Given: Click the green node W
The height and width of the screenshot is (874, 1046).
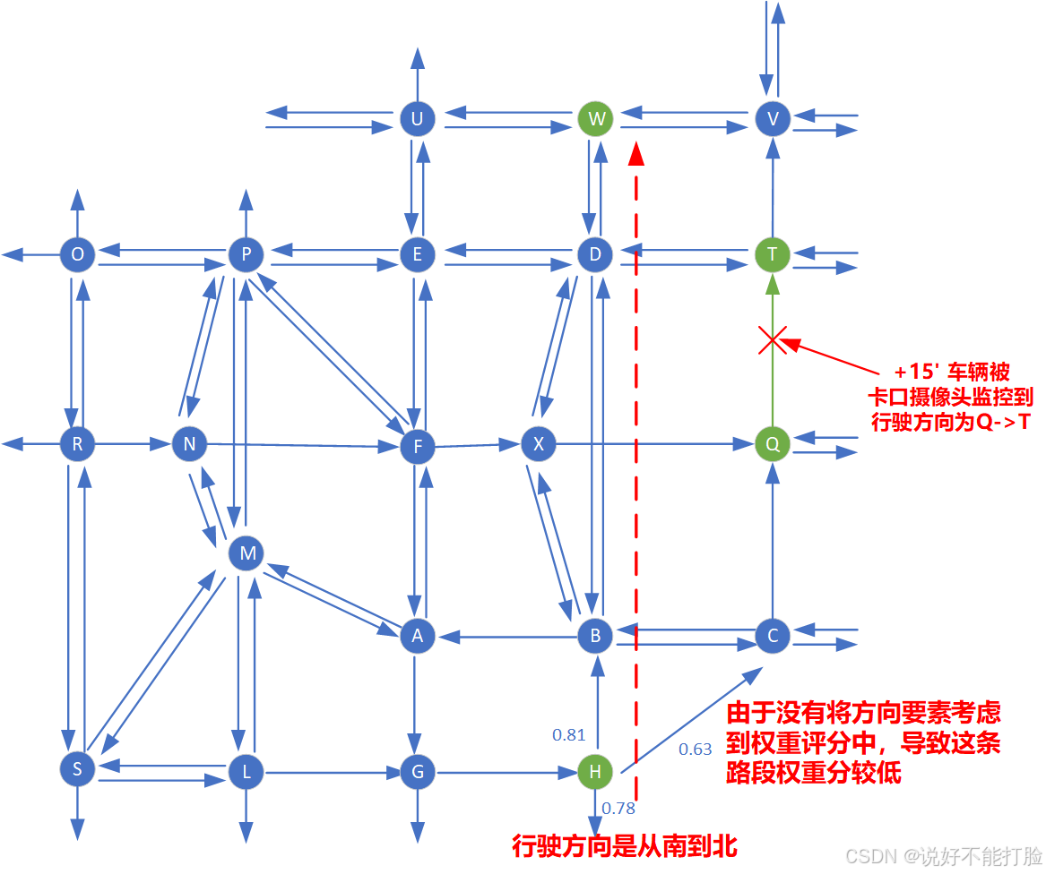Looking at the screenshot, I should tap(595, 118).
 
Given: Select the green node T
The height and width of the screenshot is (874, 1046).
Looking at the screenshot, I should tap(772, 254).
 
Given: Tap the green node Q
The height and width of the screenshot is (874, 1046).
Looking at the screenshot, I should tap(772, 443).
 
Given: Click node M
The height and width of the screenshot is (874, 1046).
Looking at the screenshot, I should tap(246, 554).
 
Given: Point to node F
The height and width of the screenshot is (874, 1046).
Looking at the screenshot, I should tap(417, 445).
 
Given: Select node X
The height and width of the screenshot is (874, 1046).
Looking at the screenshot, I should tap(538, 443).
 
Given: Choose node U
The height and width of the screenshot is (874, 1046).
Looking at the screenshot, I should tap(417, 118).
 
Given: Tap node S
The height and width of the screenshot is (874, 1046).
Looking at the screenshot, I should tap(78, 768).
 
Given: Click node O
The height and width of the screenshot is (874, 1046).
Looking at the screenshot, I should tap(78, 254).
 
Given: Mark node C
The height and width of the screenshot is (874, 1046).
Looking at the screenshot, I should tap(772, 636).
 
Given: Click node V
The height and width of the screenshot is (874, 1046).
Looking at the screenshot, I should tap(772, 118).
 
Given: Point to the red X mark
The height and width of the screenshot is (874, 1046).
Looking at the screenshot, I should tap(773, 339).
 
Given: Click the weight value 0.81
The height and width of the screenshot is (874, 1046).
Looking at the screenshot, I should tap(568, 735).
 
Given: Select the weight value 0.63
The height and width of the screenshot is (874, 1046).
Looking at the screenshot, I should tap(695, 749).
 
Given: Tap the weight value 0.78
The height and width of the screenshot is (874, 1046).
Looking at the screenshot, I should tap(618, 808).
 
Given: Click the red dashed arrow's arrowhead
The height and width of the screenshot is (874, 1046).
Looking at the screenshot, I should tap(635, 152).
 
